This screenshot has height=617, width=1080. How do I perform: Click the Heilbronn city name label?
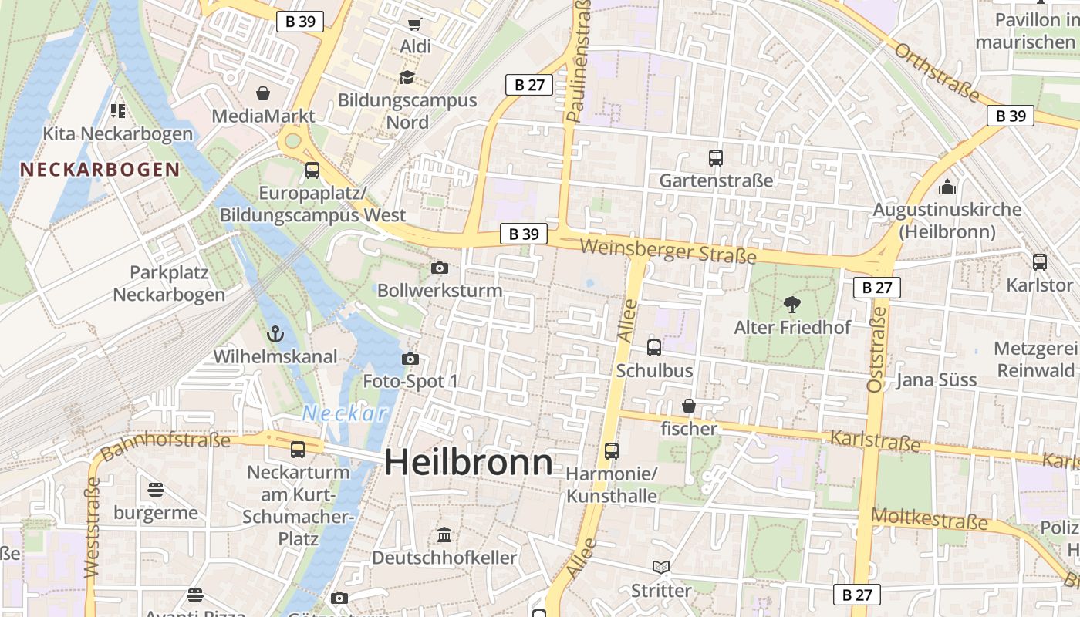(x=468, y=463)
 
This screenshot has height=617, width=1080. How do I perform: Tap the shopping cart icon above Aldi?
(x=415, y=24)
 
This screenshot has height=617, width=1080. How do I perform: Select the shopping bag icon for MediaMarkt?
(x=263, y=93)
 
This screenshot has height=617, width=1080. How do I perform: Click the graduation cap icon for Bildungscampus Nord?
(x=407, y=77)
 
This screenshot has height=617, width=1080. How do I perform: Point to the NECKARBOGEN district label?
(x=100, y=170)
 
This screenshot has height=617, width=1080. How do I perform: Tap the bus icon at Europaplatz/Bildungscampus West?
(x=312, y=170)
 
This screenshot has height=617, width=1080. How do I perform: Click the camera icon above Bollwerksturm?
(x=440, y=268)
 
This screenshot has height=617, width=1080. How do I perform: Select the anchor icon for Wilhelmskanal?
(x=275, y=334)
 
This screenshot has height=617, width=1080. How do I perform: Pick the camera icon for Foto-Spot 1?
(x=410, y=359)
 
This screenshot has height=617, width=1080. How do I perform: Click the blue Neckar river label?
(x=345, y=413)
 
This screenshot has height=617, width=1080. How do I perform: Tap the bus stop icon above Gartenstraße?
(x=716, y=158)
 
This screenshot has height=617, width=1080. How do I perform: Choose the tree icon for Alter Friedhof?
(x=791, y=305)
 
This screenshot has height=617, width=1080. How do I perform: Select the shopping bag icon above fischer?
(x=689, y=406)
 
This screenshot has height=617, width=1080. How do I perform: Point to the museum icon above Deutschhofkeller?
(x=444, y=534)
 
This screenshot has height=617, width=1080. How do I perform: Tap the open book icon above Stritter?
(x=661, y=568)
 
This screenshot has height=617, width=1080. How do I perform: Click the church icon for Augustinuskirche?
(x=947, y=187)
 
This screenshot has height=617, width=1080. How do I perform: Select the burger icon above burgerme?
(x=156, y=490)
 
